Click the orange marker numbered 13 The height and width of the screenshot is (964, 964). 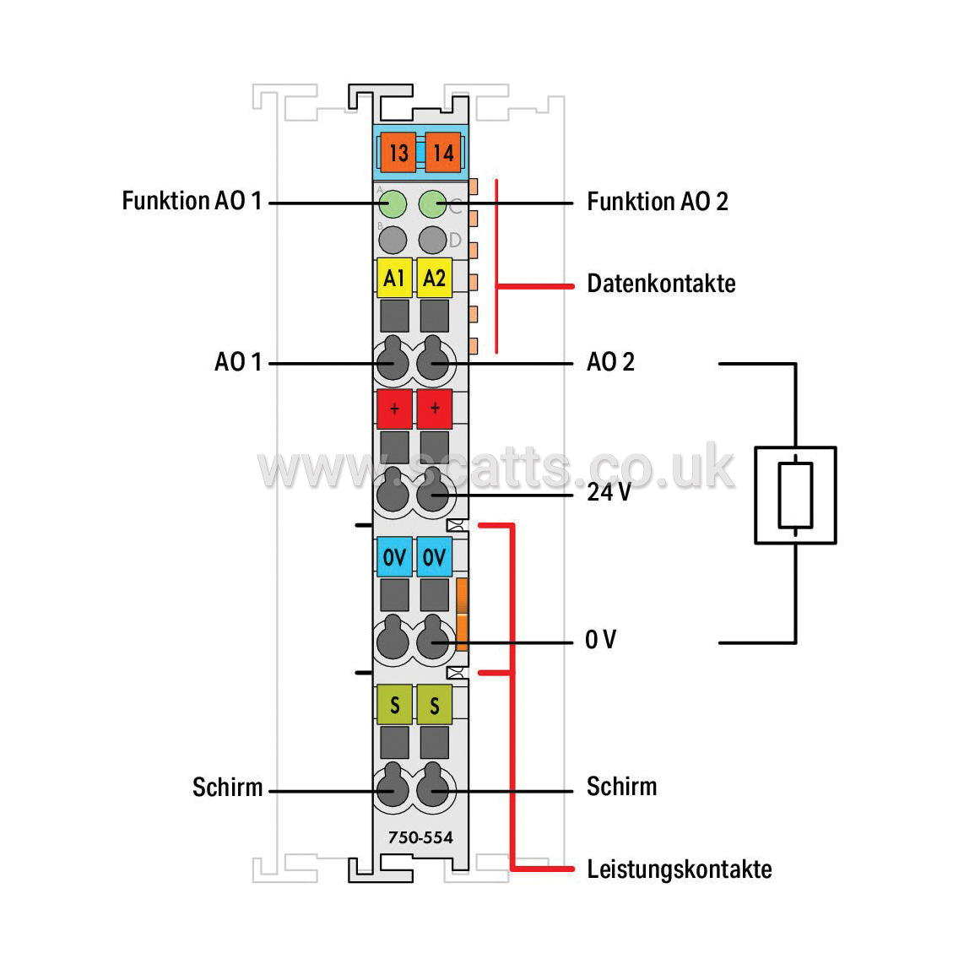[398, 153]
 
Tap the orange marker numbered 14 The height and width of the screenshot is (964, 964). [443, 153]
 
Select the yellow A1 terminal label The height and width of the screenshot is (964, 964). [394, 278]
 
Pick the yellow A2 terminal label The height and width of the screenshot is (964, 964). [435, 278]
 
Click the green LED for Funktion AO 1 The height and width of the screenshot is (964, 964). [393, 204]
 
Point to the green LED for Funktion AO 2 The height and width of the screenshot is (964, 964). [433, 204]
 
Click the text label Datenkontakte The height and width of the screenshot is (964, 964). [661, 284]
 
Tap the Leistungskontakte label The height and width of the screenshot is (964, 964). [680, 869]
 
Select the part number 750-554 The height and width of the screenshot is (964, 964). [420, 837]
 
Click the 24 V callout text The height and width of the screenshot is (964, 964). [609, 492]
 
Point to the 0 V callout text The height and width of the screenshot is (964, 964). [601, 639]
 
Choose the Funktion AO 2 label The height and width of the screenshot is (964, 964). [658, 202]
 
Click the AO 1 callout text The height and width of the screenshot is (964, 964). [239, 361]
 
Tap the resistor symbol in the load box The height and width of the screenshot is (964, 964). [795, 495]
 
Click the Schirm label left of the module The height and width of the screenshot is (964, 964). [227, 787]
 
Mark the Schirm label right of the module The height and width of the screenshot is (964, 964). [621, 787]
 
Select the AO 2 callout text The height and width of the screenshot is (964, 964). [610, 361]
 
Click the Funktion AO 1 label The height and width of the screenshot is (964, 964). [192, 201]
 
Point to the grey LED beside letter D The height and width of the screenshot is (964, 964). [433, 240]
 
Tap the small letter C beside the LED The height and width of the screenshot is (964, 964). [455, 207]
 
